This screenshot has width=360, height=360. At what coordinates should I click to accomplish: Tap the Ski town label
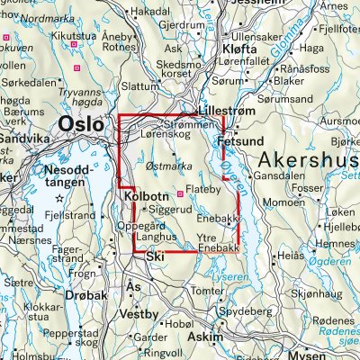[157, 257]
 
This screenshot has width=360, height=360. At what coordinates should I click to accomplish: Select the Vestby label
[141, 314]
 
